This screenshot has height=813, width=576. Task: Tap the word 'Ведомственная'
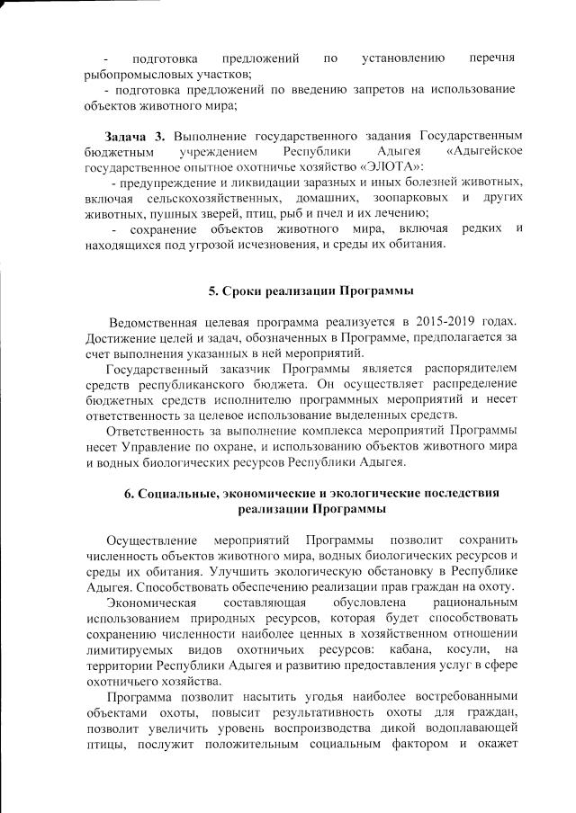tap(157, 322)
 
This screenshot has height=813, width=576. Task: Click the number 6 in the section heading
tap(127, 493)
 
